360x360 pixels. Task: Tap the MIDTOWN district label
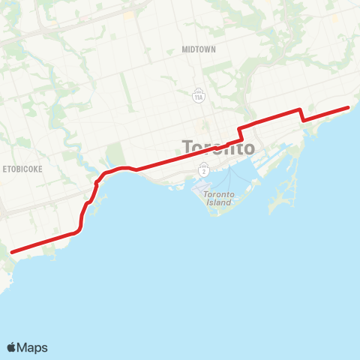pyautogui.click(x=199, y=49)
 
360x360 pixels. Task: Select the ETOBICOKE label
pyautogui.click(x=22, y=169)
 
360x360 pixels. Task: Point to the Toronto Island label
pyautogui.click(x=219, y=198)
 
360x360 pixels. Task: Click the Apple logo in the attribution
pyautogui.click(x=12, y=347)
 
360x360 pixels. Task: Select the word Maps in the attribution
pyautogui.click(x=33, y=347)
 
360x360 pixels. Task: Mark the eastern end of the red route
pyautogui.click(x=349, y=108)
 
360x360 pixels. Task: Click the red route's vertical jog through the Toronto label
pyautogui.click(x=240, y=132)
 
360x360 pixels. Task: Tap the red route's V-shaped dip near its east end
pyautogui.click(x=302, y=118)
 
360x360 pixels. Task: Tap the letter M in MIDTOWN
pyautogui.click(x=184, y=49)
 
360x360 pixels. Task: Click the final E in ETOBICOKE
pyautogui.click(x=40, y=169)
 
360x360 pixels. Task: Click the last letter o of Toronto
pyautogui.click(x=248, y=148)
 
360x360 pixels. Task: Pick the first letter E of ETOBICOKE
pyautogui.click(x=4, y=169)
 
